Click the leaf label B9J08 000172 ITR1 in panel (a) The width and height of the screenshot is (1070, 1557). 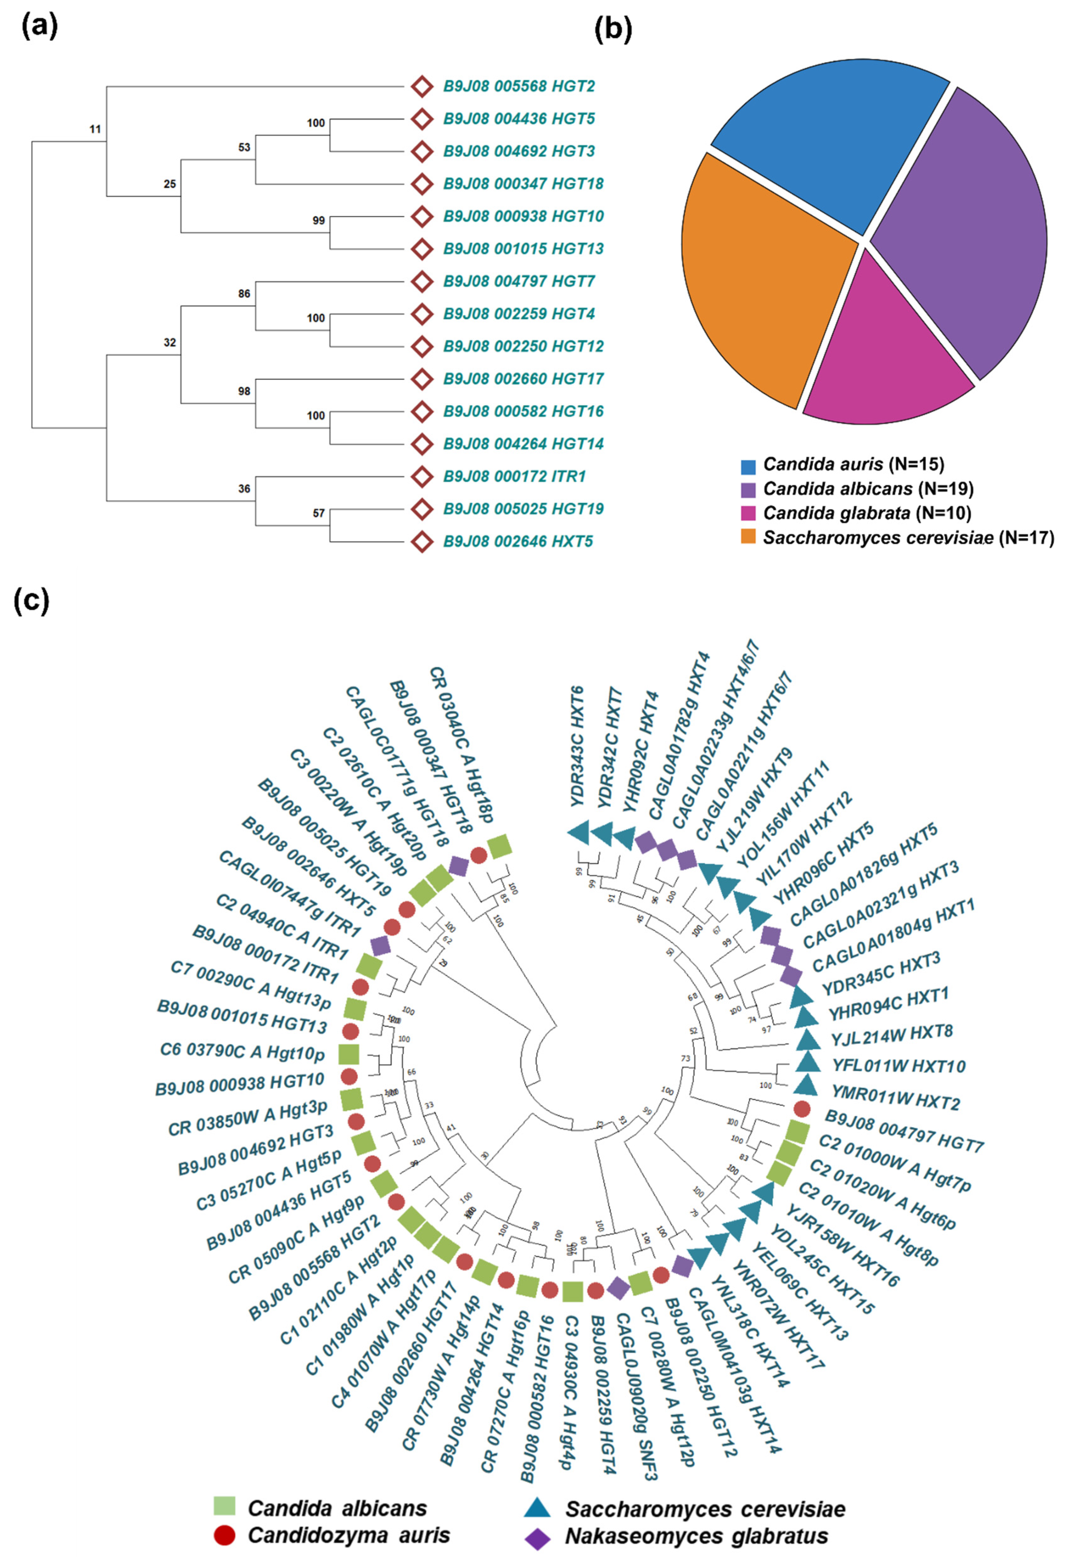pos(514,477)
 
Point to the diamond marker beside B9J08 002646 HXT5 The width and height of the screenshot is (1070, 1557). pos(422,541)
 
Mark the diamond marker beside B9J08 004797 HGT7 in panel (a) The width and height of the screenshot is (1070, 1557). pos(422,281)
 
